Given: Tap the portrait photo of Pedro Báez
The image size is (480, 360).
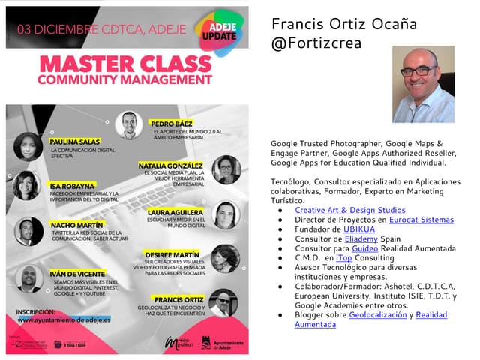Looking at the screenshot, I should (x=129, y=125).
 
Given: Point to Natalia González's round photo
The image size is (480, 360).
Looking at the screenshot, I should (x=224, y=170).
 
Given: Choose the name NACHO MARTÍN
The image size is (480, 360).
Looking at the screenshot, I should (x=76, y=224).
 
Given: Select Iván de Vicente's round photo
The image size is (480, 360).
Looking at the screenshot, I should (x=28, y=278).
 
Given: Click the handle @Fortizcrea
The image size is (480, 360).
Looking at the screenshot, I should (x=316, y=43).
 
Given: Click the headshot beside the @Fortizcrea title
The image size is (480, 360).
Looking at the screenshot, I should (x=423, y=85).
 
